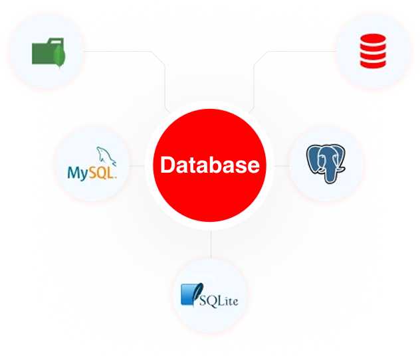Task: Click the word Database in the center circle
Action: [x=210, y=165]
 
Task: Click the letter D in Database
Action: [x=167, y=165]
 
